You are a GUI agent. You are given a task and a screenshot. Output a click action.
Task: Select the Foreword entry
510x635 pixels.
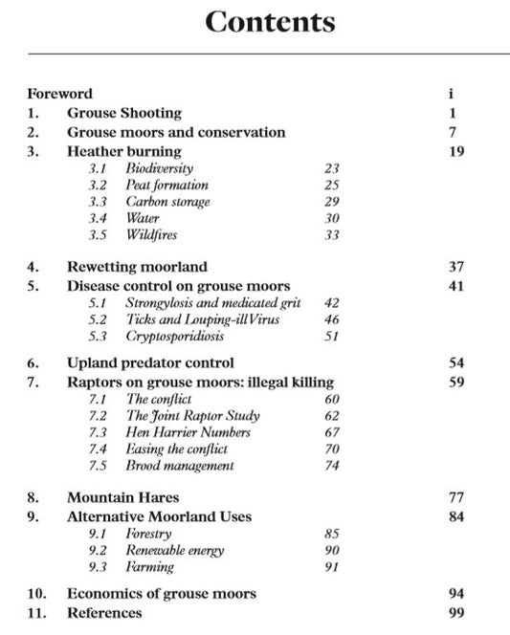tap(59, 94)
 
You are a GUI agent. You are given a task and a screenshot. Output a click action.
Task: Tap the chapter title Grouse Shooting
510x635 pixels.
tap(123, 113)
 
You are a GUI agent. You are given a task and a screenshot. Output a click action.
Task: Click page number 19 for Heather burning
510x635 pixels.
tap(455, 151)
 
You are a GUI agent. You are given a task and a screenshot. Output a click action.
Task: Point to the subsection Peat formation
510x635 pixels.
tap(166, 185)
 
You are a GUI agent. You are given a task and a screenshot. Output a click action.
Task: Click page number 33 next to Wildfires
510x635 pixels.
tap(332, 235)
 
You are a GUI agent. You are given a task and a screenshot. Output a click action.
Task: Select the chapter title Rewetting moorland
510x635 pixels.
tap(137, 267)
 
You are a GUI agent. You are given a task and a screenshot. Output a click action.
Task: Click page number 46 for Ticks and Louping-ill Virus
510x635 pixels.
tap(332, 319)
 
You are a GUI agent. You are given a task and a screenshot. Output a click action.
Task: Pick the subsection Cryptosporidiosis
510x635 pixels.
tap(175, 337)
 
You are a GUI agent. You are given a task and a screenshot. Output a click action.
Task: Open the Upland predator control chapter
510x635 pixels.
tap(150, 363)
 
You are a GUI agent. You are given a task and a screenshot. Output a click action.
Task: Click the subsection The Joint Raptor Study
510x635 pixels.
tap(192, 416)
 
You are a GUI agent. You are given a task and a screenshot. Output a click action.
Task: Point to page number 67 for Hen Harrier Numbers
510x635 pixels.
tap(332, 433)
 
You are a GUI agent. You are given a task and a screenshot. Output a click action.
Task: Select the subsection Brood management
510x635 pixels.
tap(180, 466)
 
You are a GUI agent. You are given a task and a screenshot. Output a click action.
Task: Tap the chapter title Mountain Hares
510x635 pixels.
tap(122, 497)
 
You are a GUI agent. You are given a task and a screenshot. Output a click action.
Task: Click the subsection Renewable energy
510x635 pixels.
tap(175, 550)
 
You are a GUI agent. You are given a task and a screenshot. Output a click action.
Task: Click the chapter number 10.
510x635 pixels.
tap(34, 594)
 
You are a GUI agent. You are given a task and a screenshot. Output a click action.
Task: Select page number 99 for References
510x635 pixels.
tap(455, 612)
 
